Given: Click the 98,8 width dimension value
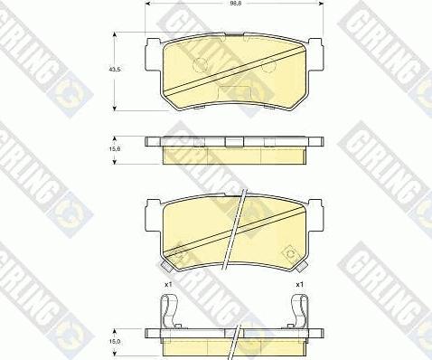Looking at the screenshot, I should pyautogui.click(x=234, y=5).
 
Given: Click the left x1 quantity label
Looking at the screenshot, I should pyautogui.click(x=168, y=286).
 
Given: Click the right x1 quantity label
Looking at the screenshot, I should pyautogui.click(x=301, y=286).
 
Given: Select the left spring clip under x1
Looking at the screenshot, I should pyautogui.click(x=166, y=313).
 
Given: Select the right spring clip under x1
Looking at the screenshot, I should pyautogui.click(x=302, y=313).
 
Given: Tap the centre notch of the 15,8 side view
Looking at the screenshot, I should pyautogui.click(x=233, y=140).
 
